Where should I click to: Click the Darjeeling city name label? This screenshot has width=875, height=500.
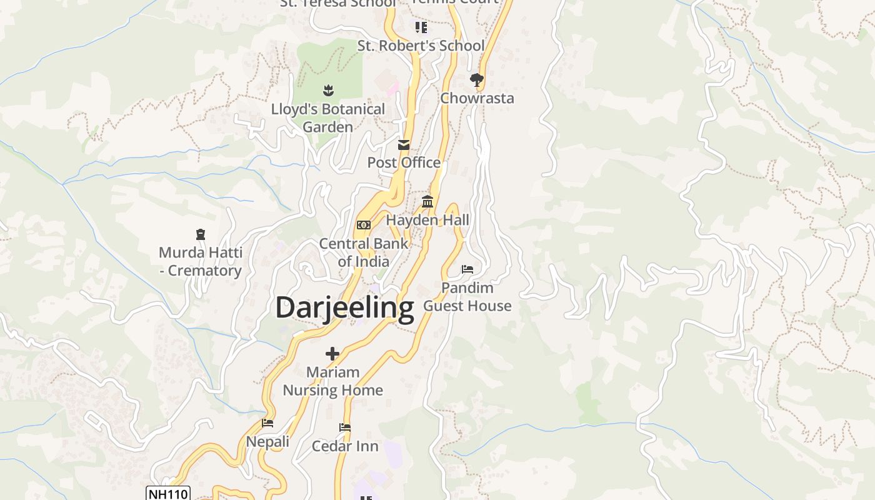[344, 307]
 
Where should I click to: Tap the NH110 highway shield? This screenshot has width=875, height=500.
[167, 494]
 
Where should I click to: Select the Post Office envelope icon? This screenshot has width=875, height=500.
[404, 145]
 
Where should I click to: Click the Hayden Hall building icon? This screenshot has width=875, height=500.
[427, 201]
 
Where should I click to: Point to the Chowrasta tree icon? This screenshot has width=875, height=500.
[476, 80]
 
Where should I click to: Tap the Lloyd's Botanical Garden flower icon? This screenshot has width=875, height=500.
[327, 91]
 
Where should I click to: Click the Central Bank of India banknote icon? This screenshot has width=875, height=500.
[363, 225]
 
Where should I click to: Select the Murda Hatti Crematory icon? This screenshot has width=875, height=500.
[200, 234]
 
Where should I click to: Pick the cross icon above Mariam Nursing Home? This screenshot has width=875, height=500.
[332, 354]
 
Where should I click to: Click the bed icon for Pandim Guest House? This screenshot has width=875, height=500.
[467, 269]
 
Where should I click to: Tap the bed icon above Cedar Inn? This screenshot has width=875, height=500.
[344, 427]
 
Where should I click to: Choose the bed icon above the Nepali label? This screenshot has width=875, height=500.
[267, 423]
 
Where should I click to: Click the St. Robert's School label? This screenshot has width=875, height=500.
[421, 46]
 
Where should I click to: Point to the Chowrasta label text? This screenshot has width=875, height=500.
[477, 98]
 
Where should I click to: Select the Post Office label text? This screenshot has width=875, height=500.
[404, 162]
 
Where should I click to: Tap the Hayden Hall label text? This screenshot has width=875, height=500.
[427, 220]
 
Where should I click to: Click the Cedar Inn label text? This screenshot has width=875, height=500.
[345, 446]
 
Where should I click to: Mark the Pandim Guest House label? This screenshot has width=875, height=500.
[467, 297]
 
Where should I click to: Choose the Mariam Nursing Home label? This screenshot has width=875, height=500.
[332, 381]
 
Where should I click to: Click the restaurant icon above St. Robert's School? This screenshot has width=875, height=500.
[421, 27]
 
